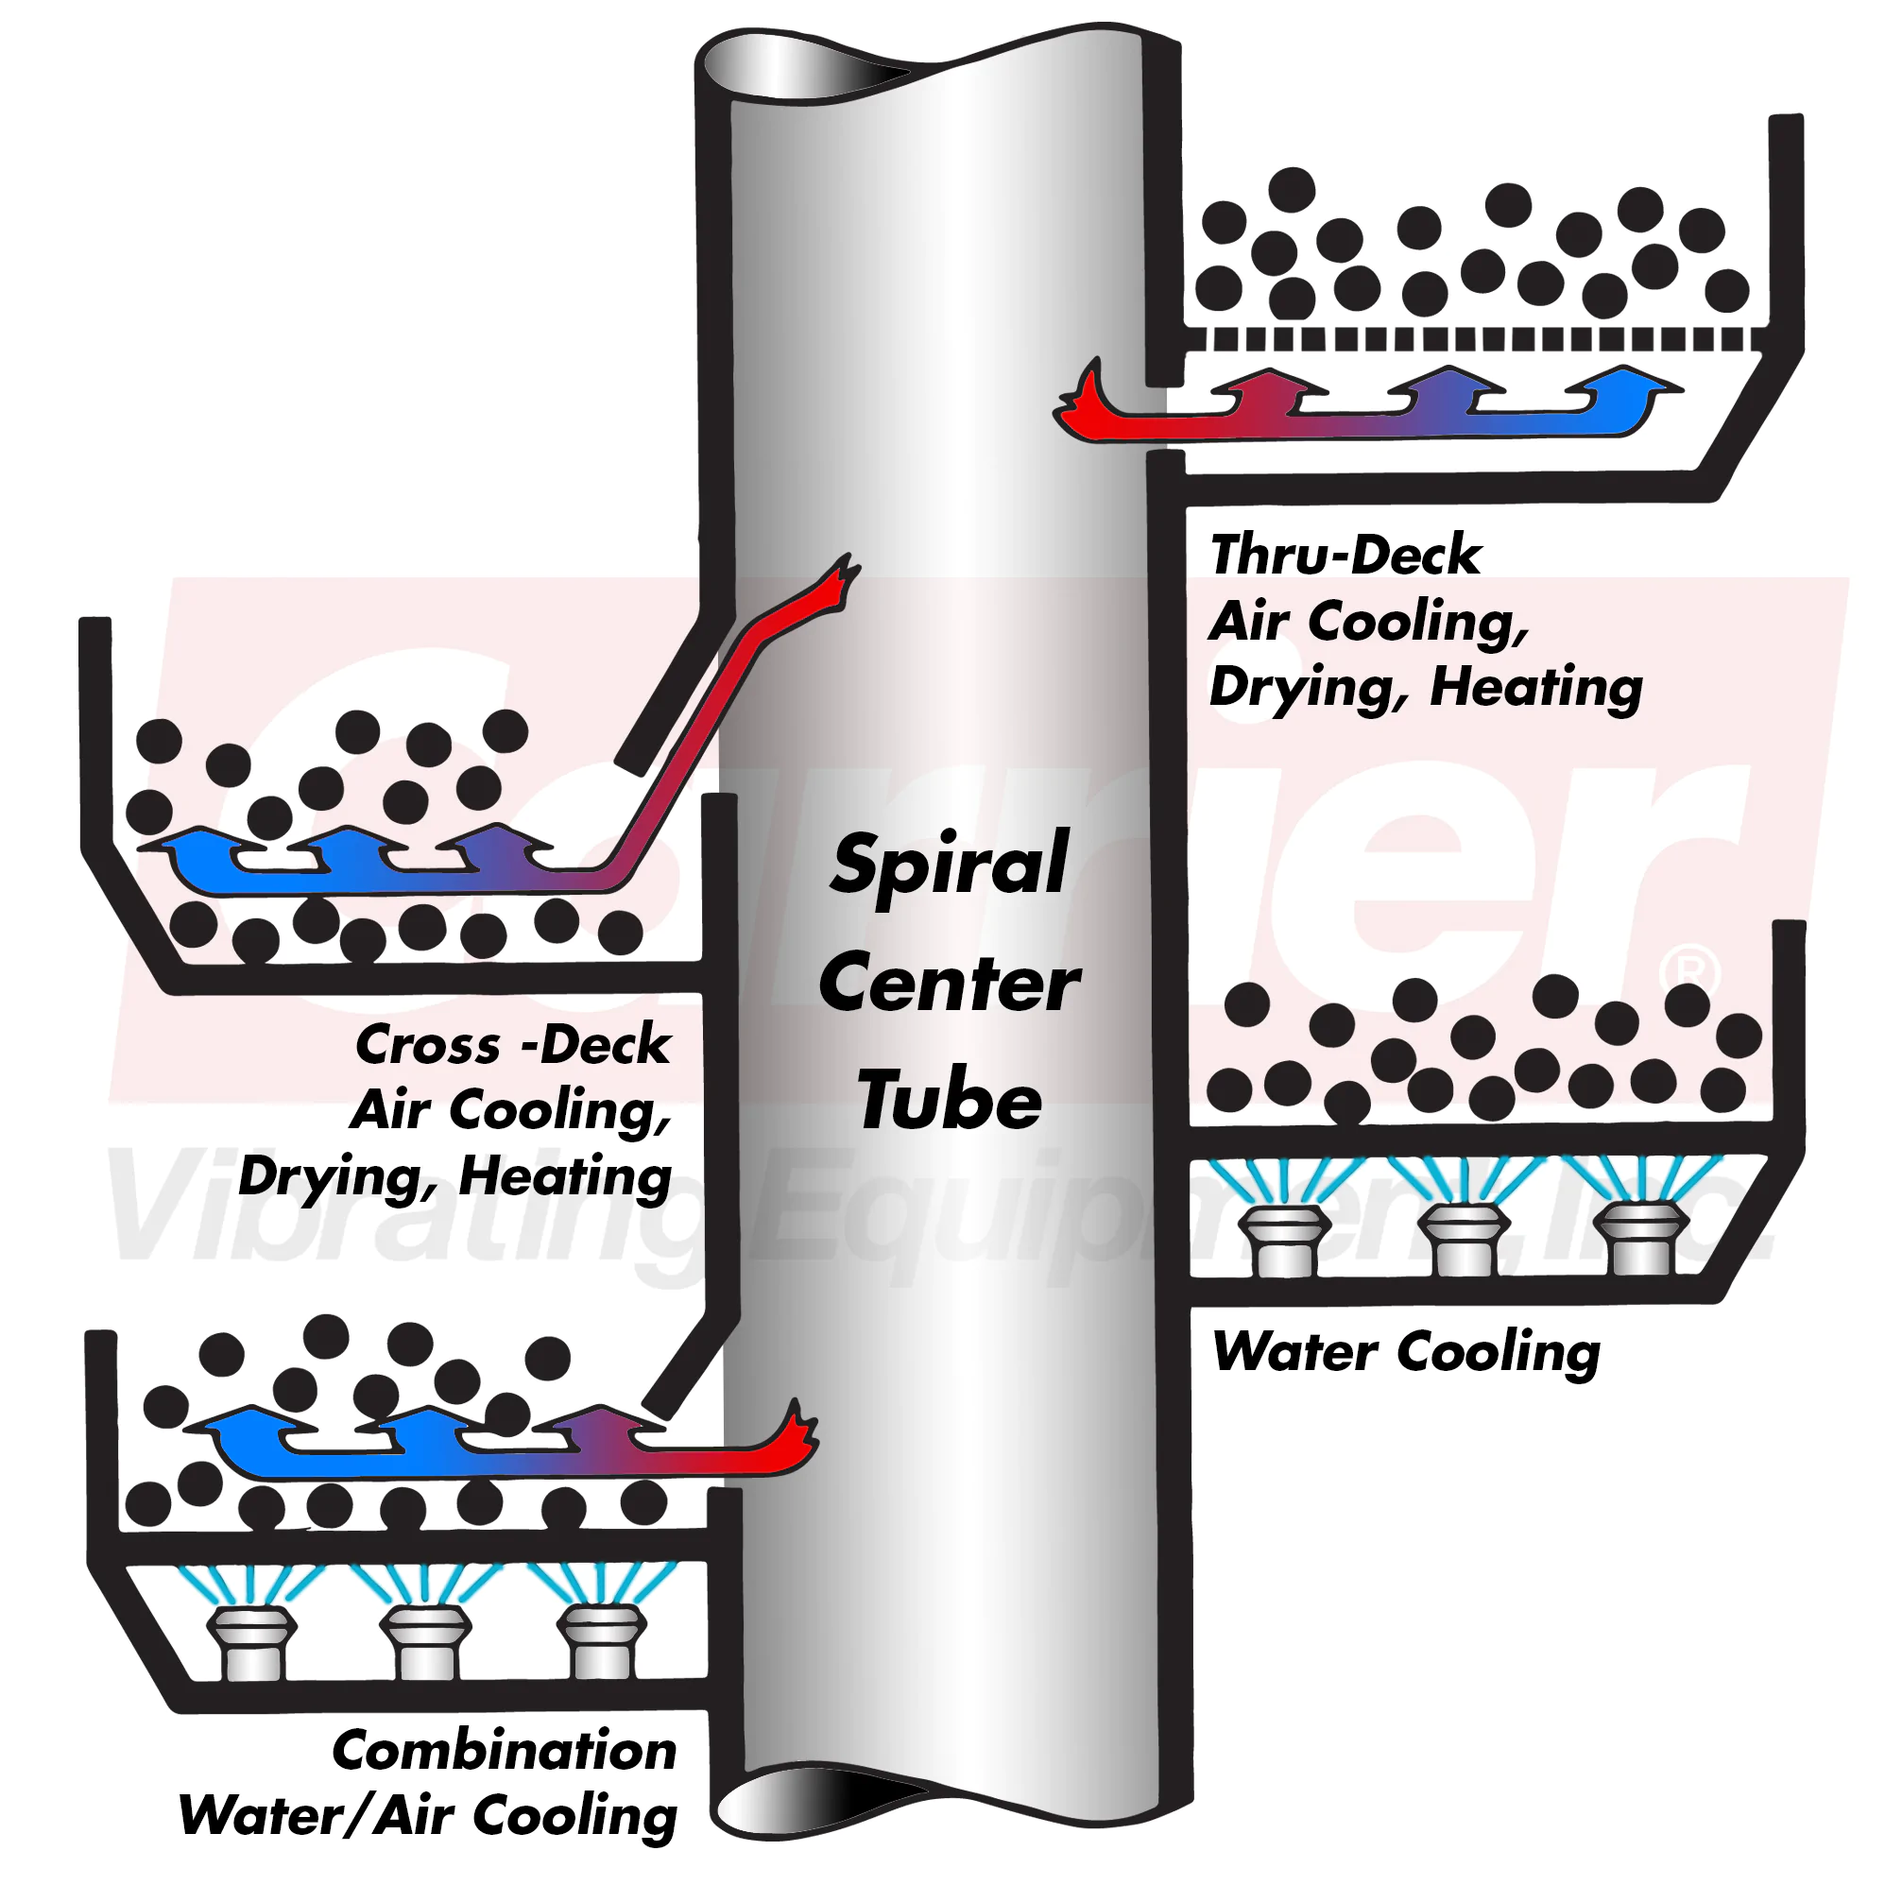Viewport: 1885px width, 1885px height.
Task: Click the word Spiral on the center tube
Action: [950, 866]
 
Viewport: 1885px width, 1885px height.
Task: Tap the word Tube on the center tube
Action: [950, 1101]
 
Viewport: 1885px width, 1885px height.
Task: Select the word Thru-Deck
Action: [1345, 556]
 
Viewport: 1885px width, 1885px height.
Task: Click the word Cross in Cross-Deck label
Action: [427, 1046]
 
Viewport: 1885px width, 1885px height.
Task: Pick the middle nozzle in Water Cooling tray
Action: [1464, 1238]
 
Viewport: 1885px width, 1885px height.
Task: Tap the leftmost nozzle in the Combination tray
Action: [251, 1643]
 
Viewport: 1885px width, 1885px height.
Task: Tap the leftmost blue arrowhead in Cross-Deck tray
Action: [190, 848]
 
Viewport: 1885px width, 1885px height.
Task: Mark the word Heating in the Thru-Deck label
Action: [1535, 688]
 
